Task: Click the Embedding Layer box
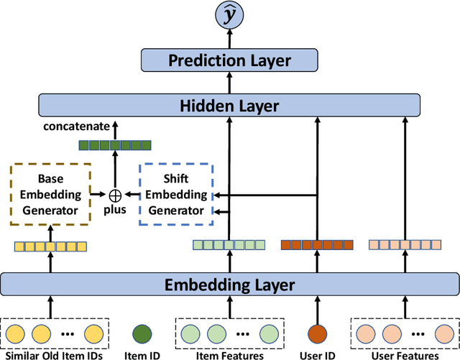point(230,284)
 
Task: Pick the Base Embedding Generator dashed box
point(50,193)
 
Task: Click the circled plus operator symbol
point(114,193)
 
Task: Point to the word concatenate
point(72,126)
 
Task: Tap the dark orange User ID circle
point(316,334)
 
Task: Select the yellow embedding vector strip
point(50,246)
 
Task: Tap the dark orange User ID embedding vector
point(316,245)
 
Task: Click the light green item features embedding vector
point(229,245)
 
